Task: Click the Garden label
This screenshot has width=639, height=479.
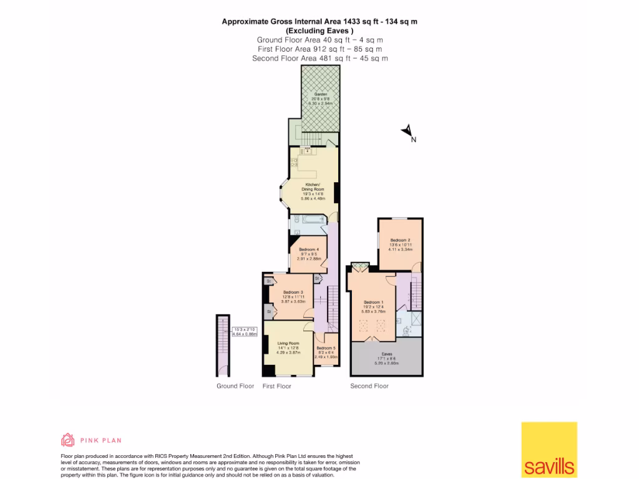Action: (320, 94)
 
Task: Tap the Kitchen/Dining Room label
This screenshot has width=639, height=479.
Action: (313, 185)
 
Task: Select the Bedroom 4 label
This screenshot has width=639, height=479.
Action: (308, 250)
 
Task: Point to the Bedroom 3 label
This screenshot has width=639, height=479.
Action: (293, 293)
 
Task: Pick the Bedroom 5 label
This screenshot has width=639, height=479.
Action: (326, 348)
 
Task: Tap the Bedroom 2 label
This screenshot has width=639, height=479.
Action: (400, 240)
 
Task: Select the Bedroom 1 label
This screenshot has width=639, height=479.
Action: (374, 302)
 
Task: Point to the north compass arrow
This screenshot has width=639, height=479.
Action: (407, 131)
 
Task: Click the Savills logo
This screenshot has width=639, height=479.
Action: (549, 449)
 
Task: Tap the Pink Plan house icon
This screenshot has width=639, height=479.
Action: (67, 440)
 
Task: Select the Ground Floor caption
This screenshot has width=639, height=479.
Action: (235, 386)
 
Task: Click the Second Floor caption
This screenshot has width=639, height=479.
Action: (369, 386)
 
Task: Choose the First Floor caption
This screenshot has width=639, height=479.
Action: (277, 386)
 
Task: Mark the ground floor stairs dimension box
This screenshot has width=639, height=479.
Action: (245, 332)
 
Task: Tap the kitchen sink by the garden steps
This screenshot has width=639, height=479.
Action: (306, 150)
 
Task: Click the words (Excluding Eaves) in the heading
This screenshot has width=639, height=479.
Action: (319, 31)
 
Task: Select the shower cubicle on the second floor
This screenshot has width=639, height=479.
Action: (415, 319)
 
